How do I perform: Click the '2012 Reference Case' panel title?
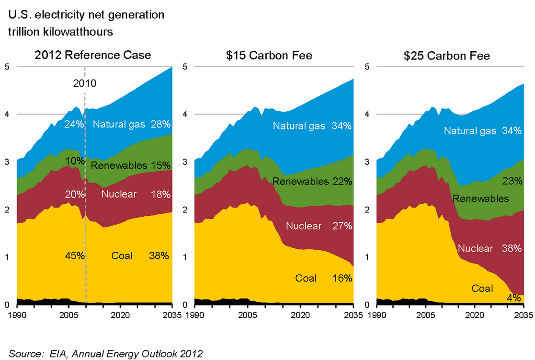pyautogui.click(x=93, y=55)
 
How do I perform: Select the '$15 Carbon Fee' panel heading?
pyautogui.click(x=270, y=55)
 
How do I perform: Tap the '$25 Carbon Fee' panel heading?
pyautogui.click(x=447, y=55)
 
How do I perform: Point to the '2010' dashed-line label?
pyautogui.click(x=85, y=82)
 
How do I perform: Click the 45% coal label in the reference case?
pyautogui.click(x=75, y=255)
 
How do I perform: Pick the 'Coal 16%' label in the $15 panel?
pyautogui.click(x=324, y=278)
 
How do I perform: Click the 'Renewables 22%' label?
pyautogui.click(x=312, y=182)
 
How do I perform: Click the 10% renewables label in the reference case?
pyautogui.click(x=75, y=160)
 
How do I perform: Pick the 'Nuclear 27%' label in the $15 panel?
pyautogui.click(x=319, y=226)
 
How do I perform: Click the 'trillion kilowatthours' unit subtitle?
pyautogui.click(x=60, y=32)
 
